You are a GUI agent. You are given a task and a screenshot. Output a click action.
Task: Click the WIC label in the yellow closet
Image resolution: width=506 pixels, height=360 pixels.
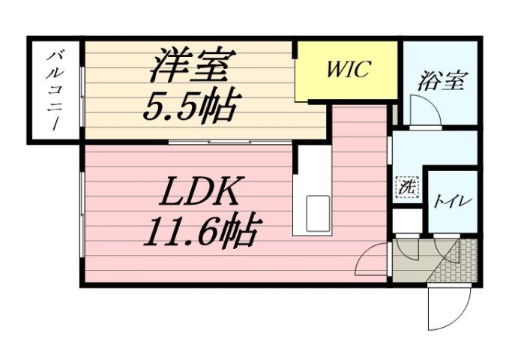coord(348,70)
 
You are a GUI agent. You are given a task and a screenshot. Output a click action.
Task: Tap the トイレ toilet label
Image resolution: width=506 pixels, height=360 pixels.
coord(452,201)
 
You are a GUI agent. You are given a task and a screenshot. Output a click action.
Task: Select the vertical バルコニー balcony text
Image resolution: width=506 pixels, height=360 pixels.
coord(55,90)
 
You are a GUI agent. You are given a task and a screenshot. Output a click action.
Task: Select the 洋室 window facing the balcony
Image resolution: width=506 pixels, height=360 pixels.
coord(83,90)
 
